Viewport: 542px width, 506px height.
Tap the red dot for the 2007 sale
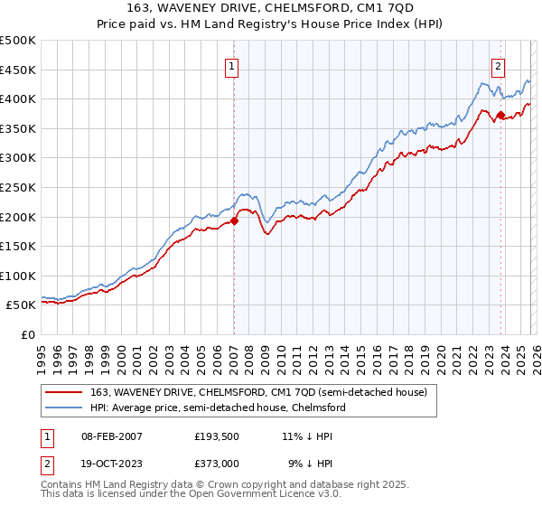coord(234,220)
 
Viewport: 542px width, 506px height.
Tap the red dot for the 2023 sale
coord(500,114)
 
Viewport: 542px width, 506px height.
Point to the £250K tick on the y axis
coord(18,187)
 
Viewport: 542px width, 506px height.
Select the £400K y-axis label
coord(18,98)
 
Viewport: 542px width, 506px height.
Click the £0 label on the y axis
coord(27,334)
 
